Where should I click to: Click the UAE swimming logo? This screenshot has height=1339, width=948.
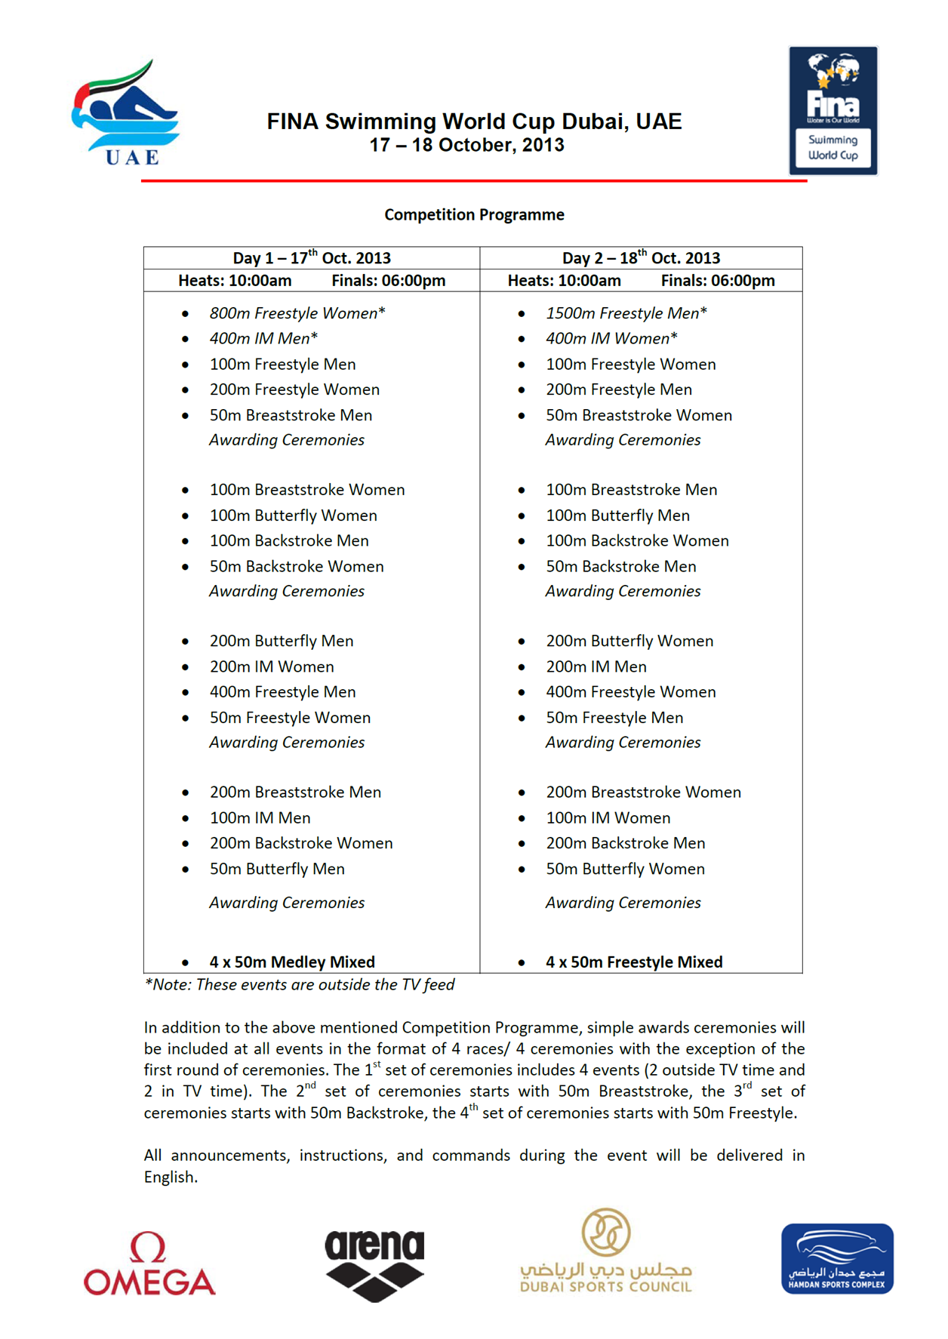(126, 113)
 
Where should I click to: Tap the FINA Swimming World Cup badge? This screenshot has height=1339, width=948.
(833, 111)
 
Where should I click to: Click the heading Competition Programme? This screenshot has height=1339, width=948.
(474, 215)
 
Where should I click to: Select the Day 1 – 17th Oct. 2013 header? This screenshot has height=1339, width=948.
(311, 258)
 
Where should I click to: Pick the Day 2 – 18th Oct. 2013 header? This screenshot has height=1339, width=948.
(641, 258)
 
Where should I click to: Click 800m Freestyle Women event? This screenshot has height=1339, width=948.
(297, 313)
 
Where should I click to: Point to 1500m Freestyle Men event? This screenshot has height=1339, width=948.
(626, 313)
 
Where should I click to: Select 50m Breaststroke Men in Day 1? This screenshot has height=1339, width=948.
(291, 415)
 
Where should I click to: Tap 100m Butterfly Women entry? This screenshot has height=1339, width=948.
(293, 516)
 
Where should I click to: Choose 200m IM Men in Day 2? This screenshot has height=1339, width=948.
(596, 666)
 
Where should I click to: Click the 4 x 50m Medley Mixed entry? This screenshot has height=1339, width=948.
(292, 962)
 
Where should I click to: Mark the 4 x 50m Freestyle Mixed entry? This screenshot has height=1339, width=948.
(634, 962)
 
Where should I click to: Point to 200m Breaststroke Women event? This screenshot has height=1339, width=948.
(643, 793)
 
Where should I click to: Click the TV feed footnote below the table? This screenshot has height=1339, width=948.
(300, 985)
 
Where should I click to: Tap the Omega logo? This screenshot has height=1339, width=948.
(149, 1264)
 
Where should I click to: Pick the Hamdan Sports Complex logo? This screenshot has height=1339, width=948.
(837, 1259)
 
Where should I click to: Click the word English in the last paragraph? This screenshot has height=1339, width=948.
(171, 1177)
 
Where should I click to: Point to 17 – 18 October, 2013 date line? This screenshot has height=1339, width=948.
(466, 146)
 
